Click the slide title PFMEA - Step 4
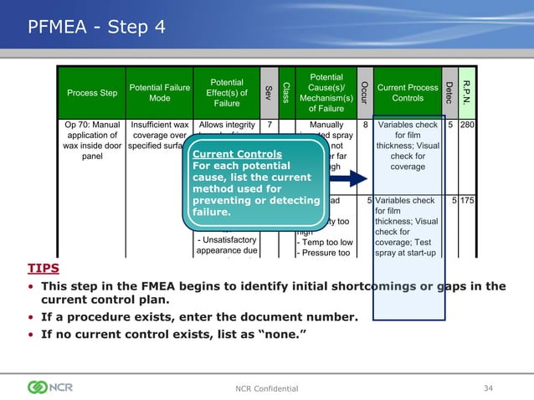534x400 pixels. point(97,27)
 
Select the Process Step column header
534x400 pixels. point(91,93)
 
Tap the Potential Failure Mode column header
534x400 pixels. point(159,93)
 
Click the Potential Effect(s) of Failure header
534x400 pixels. point(226,93)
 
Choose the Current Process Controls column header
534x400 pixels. point(408,93)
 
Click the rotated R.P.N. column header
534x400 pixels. point(467,92)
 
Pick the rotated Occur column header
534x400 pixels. point(364,91)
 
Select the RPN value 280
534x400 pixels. point(468,126)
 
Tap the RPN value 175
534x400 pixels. point(468,201)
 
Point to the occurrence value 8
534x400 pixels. point(366,126)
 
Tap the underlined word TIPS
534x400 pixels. point(44,269)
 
